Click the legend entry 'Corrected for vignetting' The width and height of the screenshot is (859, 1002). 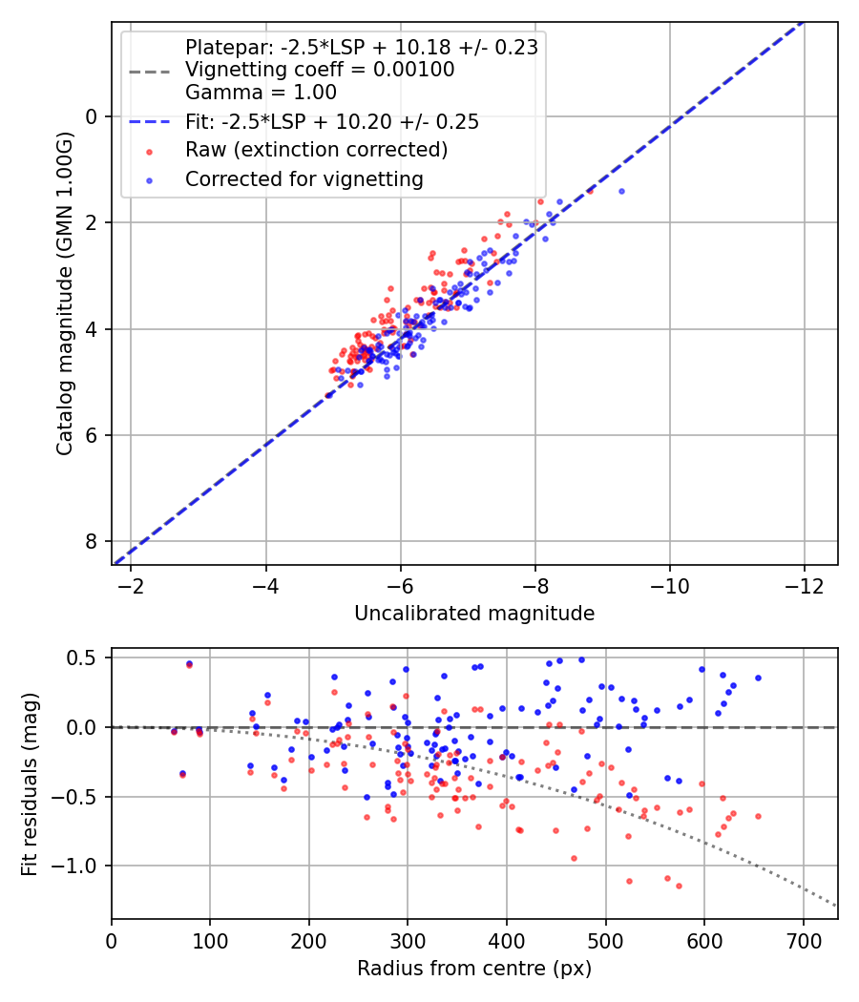(304, 178)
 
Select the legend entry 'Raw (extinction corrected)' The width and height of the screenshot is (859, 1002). (316, 150)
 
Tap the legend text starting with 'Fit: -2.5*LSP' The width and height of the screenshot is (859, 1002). (331, 121)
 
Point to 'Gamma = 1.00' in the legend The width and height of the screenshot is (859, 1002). (261, 93)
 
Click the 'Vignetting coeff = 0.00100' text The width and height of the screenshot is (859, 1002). (320, 70)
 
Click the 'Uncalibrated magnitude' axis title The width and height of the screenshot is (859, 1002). (474, 614)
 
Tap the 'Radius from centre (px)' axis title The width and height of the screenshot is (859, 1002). (474, 969)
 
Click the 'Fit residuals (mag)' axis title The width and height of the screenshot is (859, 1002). (31, 783)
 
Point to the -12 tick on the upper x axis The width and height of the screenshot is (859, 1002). (804, 585)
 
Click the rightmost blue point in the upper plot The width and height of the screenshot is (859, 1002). (621, 191)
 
